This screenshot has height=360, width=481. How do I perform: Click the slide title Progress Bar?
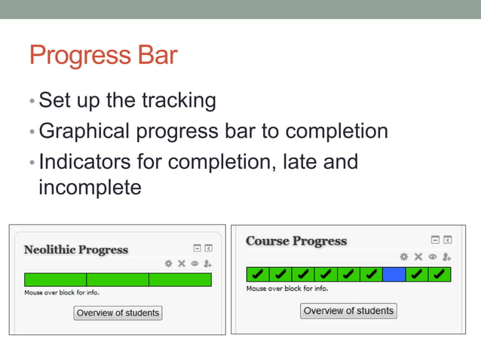tap(103, 56)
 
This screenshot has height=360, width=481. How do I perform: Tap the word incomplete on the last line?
tap(90, 187)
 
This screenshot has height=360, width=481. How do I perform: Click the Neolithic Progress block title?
tap(76, 249)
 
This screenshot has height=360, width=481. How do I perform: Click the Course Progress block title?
tap(296, 241)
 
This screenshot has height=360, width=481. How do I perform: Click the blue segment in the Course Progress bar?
tap(394, 274)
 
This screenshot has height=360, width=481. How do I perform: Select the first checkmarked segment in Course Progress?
tap(257, 274)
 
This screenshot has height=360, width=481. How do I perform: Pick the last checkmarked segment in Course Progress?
tap(439, 274)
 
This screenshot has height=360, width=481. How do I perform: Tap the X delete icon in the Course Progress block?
tap(418, 257)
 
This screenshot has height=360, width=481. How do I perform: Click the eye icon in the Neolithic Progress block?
tap(195, 264)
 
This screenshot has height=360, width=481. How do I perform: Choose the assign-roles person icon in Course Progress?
tap(446, 257)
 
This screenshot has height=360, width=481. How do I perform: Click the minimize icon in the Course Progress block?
tap(434, 240)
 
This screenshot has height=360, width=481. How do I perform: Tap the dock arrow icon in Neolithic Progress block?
tap(209, 248)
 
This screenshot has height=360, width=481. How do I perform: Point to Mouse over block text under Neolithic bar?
tap(62, 292)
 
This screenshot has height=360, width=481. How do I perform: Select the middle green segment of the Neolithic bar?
tap(118, 280)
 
